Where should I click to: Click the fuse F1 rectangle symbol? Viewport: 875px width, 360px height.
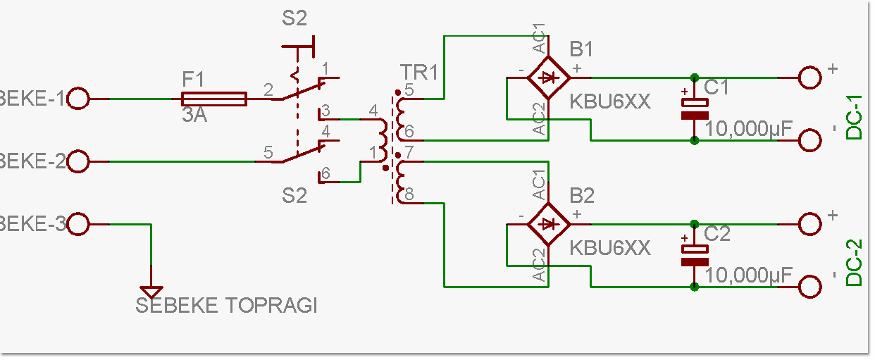[x=214, y=99]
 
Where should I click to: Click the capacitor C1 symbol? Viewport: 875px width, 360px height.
[x=695, y=108]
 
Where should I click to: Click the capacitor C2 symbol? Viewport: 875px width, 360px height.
[x=695, y=255]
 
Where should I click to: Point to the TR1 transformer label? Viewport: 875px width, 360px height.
[x=419, y=73]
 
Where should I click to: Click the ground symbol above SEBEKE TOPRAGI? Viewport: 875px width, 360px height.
[x=151, y=290]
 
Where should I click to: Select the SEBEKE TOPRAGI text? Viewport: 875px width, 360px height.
[x=226, y=306]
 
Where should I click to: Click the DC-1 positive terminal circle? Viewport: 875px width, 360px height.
[x=810, y=77]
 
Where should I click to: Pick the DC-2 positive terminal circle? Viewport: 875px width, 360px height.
[x=810, y=224]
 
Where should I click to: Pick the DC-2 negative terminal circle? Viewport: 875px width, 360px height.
[x=810, y=287]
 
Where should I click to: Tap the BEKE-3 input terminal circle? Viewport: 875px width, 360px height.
[x=78, y=225]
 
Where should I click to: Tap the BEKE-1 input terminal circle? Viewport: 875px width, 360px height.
[x=78, y=99]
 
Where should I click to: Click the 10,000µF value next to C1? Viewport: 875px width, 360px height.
[x=749, y=129]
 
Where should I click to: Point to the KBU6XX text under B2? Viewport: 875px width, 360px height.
[x=610, y=248]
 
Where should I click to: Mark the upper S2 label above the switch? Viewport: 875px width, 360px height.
[x=294, y=19]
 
